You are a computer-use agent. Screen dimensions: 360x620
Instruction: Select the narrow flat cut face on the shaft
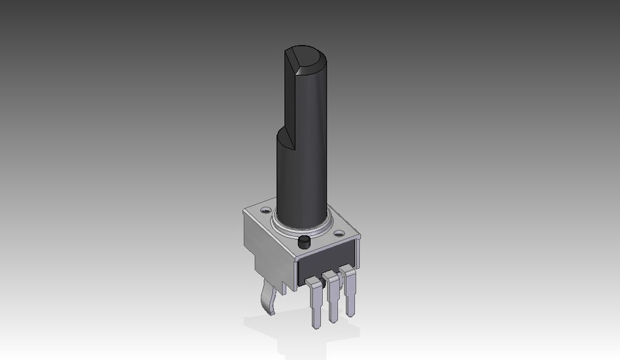pyautogui.click(x=289, y=97)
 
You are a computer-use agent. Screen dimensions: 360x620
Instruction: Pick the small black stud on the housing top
pyautogui.click(x=304, y=243)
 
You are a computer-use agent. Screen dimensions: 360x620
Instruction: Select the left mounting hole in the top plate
pyautogui.click(x=265, y=211)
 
